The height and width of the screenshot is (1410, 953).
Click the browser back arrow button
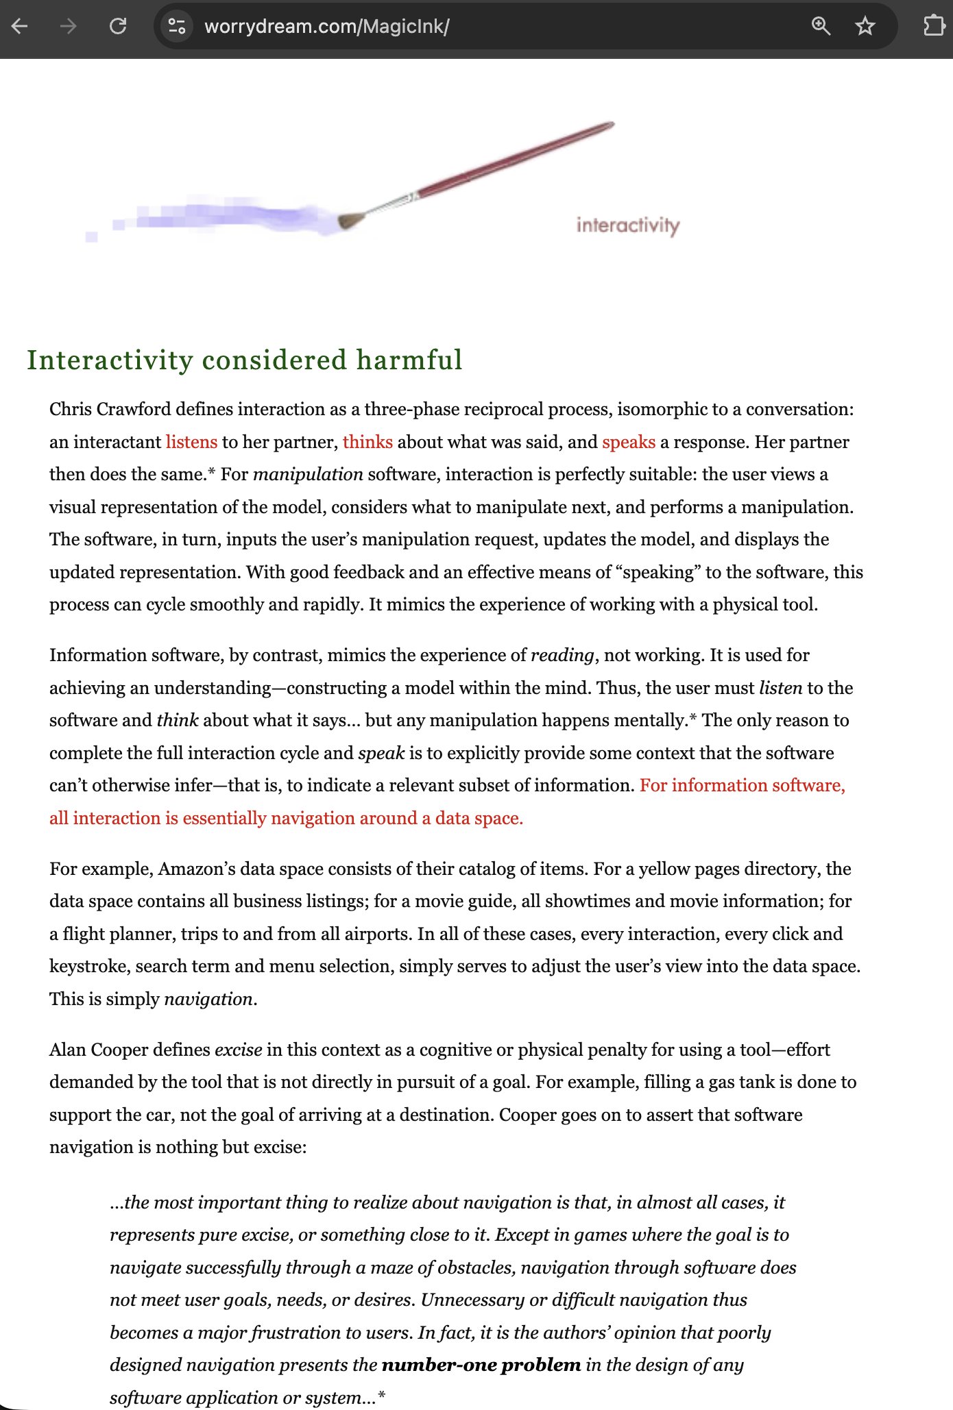pos(20,27)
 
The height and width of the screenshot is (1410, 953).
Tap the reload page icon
pos(118,27)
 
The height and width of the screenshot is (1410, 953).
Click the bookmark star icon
pos(865,27)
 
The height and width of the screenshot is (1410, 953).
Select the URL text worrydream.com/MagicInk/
pos(327,27)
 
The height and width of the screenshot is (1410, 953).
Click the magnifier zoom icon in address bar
pos(821,27)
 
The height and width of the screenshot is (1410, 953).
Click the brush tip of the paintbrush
pos(350,221)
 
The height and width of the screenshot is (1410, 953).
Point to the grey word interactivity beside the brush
pos(628,225)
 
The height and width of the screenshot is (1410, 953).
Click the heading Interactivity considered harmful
pos(245,360)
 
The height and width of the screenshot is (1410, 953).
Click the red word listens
pos(191,442)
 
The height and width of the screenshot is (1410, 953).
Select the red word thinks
pos(367,442)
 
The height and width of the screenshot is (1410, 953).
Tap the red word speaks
pos(629,442)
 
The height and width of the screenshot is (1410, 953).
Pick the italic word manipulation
pos(308,475)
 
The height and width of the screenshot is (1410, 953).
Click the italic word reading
pos(562,656)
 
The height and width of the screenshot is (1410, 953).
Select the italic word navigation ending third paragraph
pos(208,1000)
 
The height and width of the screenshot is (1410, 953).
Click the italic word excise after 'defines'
pos(238,1050)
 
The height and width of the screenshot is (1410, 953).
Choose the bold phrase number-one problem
pos(481,1365)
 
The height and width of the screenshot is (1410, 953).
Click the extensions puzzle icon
pos(934,27)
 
